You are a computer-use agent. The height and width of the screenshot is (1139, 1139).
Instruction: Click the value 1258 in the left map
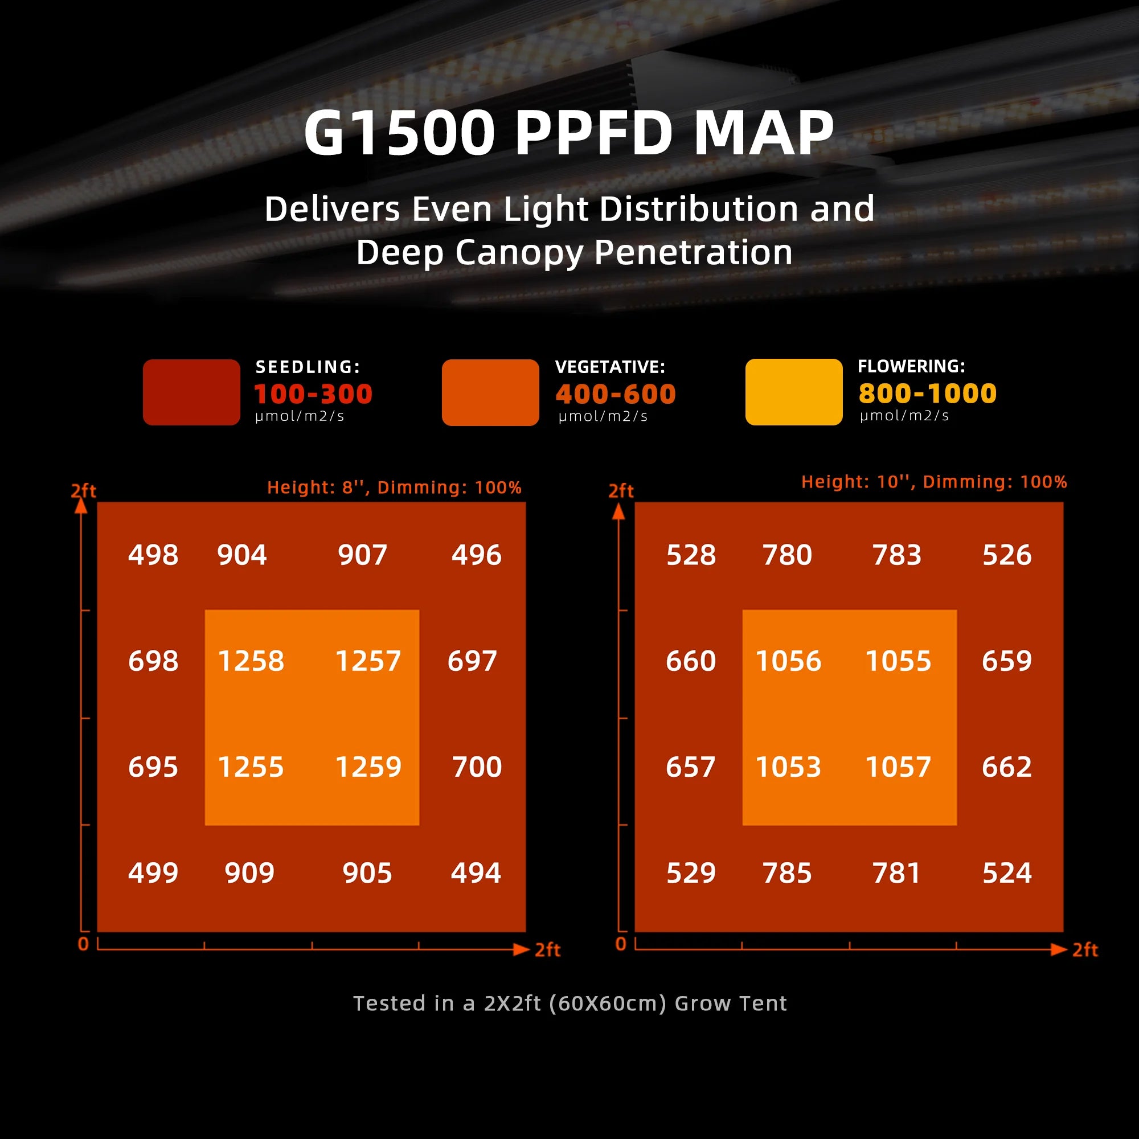(x=251, y=661)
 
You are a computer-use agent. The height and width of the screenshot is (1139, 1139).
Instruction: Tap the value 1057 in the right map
(x=898, y=767)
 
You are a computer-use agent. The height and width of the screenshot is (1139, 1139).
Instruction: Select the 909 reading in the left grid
(x=249, y=873)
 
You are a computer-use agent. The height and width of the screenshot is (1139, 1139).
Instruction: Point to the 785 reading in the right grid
(x=787, y=873)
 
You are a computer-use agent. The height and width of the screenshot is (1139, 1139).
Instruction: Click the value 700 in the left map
(x=476, y=767)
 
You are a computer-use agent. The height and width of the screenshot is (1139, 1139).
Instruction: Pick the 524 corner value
(x=1007, y=873)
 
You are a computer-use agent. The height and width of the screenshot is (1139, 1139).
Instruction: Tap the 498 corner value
(x=153, y=555)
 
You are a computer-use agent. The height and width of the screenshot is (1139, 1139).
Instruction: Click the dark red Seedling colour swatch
(x=191, y=392)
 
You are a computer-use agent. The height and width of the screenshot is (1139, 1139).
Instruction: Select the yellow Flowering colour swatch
(x=793, y=392)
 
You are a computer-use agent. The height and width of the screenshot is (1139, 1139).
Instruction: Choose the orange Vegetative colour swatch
(x=490, y=392)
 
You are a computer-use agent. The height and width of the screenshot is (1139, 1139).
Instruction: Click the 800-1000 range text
(x=927, y=393)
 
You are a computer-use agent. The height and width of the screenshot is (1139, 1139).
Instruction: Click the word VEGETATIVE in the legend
(x=609, y=367)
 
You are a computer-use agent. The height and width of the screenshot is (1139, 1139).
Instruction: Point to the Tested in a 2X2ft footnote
(x=569, y=1003)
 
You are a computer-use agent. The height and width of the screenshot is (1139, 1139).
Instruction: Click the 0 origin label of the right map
(x=620, y=944)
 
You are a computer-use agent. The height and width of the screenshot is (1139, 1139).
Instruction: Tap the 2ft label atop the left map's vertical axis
(x=83, y=490)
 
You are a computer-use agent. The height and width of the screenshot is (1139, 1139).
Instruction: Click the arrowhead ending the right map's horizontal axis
(x=1059, y=949)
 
